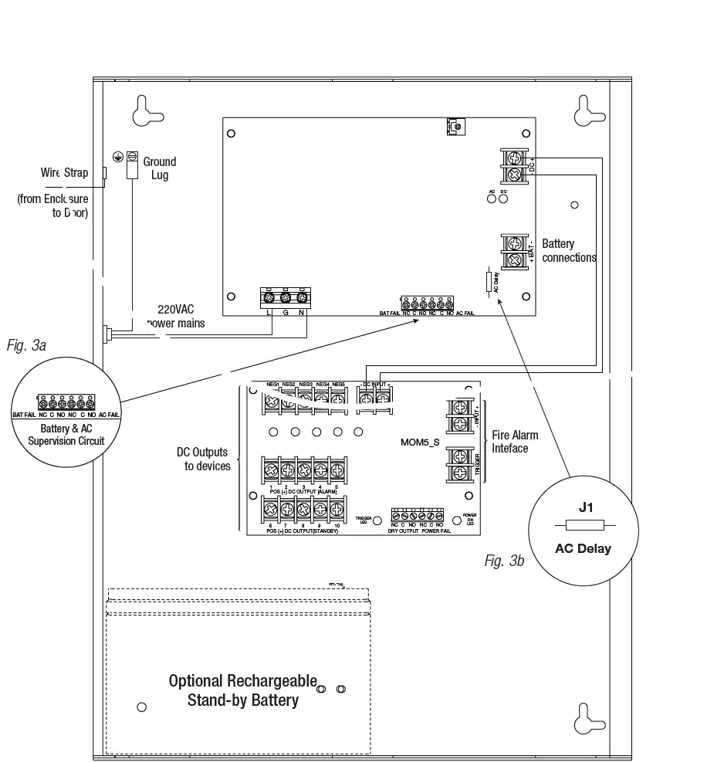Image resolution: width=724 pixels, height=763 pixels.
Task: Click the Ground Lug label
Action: pyautogui.click(x=159, y=168)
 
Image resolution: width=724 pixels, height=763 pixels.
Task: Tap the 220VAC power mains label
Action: pyautogui.click(x=177, y=316)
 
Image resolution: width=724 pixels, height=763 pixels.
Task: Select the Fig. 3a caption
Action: pyautogui.click(x=26, y=345)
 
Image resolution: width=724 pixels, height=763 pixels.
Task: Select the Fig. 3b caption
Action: pyautogui.click(x=504, y=561)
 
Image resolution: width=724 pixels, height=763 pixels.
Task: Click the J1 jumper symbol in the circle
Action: pyautogui.click(x=584, y=526)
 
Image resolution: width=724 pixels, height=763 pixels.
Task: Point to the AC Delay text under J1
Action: pyautogui.click(x=583, y=549)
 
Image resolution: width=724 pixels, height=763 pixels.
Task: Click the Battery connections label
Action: pyautogui.click(x=569, y=251)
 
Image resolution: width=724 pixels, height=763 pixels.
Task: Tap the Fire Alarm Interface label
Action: pyautogui.click(x=515, y=442)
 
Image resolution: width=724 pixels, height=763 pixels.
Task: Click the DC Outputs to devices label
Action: pyautogui.click(x=204, y=459)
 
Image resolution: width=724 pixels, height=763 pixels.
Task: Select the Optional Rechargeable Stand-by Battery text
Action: pyautogui.click(x=243, y=690)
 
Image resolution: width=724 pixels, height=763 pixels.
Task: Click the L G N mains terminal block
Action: pyautogui.click(x=285, y=297)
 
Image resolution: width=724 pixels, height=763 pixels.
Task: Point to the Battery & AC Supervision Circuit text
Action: pyautogui.click(x=66, y=434)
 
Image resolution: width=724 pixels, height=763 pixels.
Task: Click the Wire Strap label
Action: pyautogui.click(x=65, y=173)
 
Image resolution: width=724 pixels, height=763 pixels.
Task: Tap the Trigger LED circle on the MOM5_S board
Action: pyautogui.click(x=377, y=521)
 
